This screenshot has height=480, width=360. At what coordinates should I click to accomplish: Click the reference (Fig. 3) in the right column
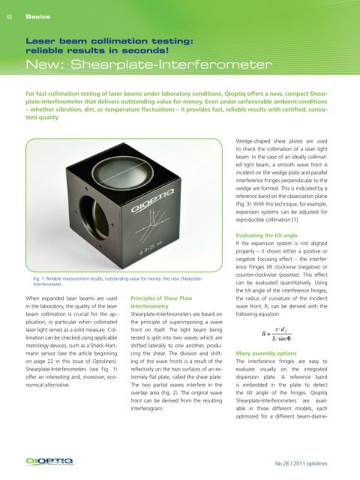246,196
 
